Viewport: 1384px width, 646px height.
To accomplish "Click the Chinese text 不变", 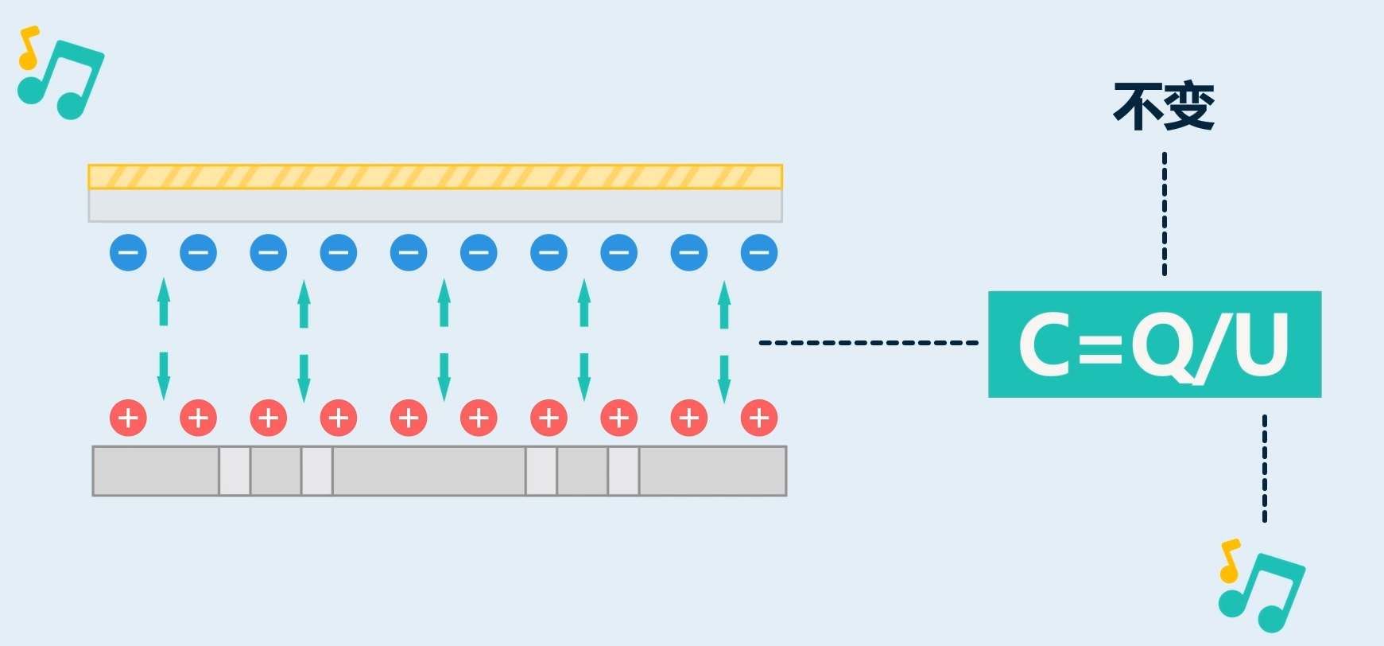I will tap(1164, 106).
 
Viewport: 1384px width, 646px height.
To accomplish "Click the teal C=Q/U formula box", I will tap(1154, 344).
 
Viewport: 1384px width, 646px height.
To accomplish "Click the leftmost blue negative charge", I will tap(128, 253).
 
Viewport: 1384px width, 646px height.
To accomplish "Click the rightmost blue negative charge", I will tap(759, 253).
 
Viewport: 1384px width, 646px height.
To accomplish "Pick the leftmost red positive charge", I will tap(128, 418).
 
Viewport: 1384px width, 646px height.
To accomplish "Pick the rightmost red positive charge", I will tap(759, 418).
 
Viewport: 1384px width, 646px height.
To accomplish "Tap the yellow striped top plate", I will tap(435, 177).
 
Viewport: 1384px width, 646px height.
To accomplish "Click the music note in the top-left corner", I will tap(62, 74).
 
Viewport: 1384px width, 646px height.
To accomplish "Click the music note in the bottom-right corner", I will tap(1262, 586).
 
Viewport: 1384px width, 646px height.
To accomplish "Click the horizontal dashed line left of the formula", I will tap(868, 343).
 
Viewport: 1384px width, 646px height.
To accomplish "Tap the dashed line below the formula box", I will tap(1265, 468).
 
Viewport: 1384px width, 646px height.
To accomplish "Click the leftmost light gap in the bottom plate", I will tap(235, 471).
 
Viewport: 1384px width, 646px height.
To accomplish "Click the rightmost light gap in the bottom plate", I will tap(623, 471).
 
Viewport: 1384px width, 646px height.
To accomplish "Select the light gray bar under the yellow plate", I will tap(435, 205).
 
